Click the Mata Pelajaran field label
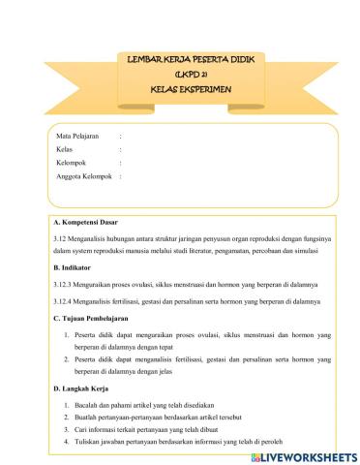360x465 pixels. (78, 138)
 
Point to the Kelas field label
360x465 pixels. (65, 150)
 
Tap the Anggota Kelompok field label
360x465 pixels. (84, 177)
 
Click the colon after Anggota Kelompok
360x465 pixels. (120, 177)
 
